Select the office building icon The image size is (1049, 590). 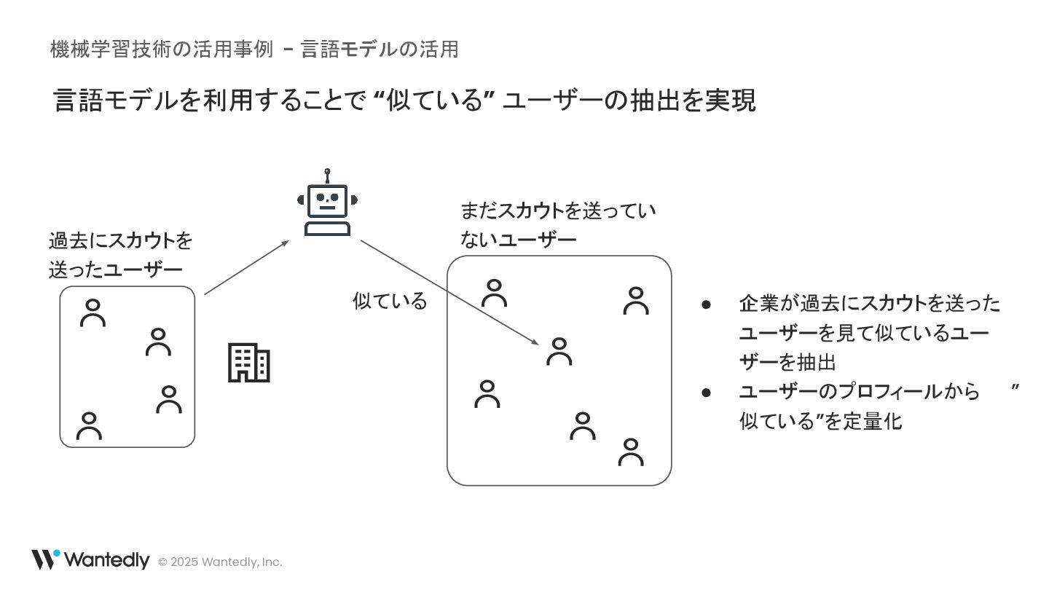[249, 363]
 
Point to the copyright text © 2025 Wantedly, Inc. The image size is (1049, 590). [220, 562]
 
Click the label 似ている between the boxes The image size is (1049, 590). [390, 301]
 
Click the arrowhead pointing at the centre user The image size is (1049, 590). [535, 342]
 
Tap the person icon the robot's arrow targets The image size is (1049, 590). [559, 351]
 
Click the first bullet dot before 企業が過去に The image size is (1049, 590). [706, 304]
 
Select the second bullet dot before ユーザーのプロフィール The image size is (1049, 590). [706, 392]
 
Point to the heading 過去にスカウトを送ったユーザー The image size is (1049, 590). [120, 255]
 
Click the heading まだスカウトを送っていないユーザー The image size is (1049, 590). [557, 225]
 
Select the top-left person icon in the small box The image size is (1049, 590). [93, 312]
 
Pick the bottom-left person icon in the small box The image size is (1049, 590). [89, 426]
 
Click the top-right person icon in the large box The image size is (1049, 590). [636, 301]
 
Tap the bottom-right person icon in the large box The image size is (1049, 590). [631, 452]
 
